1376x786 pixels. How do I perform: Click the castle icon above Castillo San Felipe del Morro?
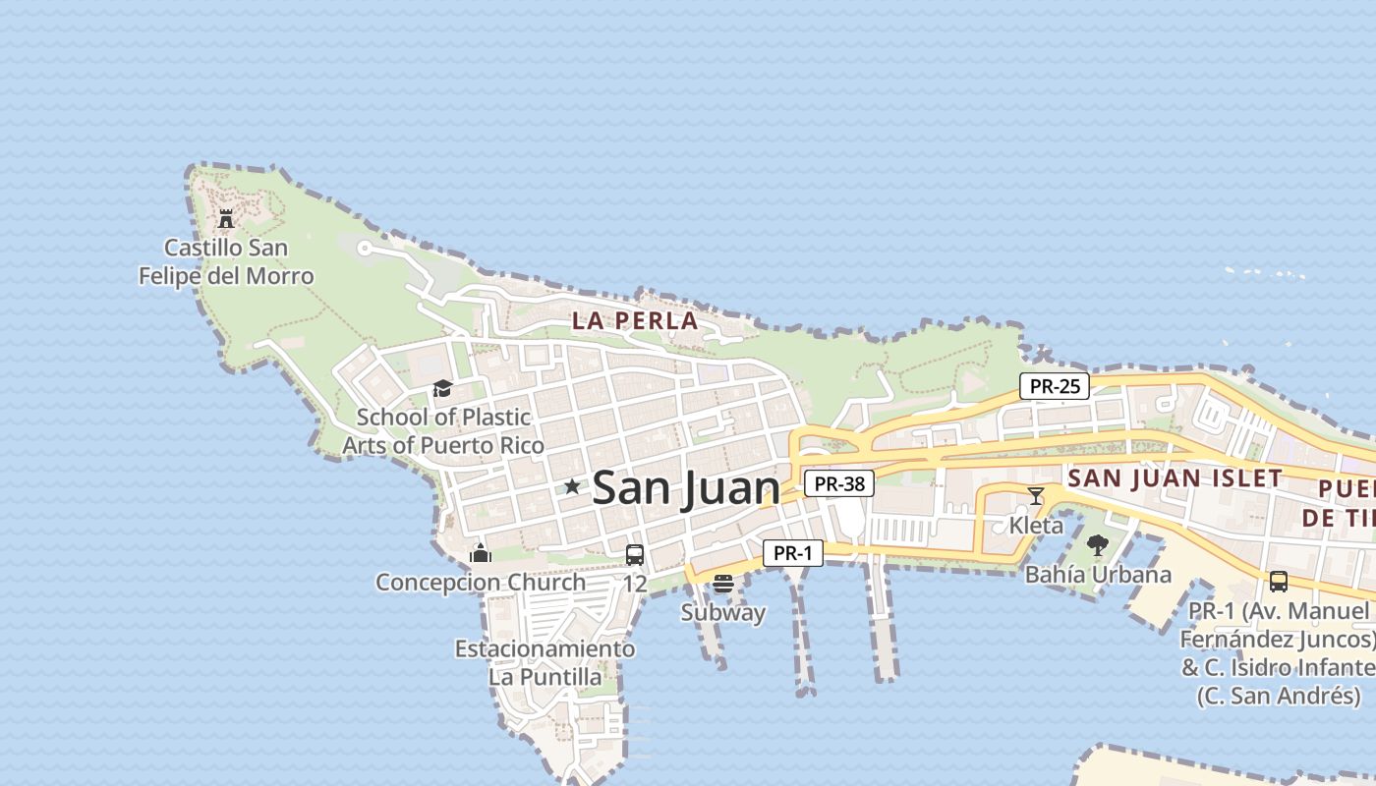tap(226, 218)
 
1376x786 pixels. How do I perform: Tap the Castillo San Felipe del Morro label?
tap(226, 261)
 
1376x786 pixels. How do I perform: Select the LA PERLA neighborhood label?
tap(635, 320)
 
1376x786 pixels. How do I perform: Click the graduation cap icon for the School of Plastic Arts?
tap(442, 389)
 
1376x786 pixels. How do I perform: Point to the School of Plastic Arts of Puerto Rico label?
tap(443, 431)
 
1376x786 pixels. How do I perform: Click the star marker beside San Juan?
tap(572, 486)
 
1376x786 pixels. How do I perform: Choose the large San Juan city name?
tap(686, 488)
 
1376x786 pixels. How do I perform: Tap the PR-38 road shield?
tap(839, 483)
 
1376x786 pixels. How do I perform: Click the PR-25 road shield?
tap(1055, 386)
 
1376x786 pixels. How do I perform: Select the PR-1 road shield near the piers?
tap(793, 553)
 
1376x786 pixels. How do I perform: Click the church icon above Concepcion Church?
tap(481, 553)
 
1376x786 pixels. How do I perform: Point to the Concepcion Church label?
tap(481, 583)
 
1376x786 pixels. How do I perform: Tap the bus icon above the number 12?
tap(635, 555)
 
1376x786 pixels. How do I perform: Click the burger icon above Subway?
tap(723, 584)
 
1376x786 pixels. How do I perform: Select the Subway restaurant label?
tap(723, 613)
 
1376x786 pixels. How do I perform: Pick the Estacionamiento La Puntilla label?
tap(545, 663)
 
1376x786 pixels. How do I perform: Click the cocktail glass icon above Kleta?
tap(1036, 496)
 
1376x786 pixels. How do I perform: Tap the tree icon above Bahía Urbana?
tap(1098, 545)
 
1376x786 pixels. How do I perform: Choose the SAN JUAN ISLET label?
tap(1175, 478)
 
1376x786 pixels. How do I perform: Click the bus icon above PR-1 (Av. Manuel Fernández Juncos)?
tap(1278, 582)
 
